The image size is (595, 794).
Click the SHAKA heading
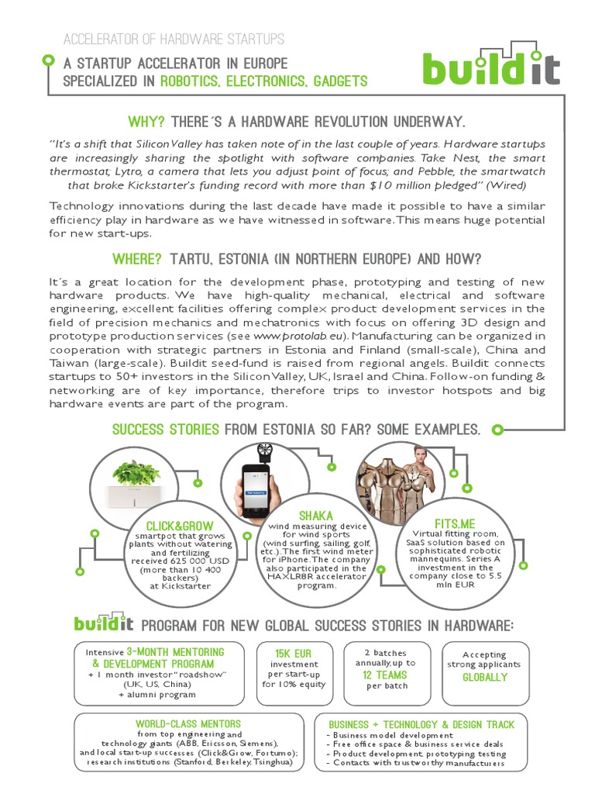point(315,516)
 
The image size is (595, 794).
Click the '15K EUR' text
point(294,654)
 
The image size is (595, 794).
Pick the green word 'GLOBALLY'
point(484,677)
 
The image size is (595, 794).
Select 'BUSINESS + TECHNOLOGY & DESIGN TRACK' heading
point(421,724)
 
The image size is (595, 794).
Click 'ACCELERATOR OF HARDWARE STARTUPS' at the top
point(172,39)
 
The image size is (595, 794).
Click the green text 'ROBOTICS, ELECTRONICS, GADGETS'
point(263,81)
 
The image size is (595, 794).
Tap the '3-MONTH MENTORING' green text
point(174,652)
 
